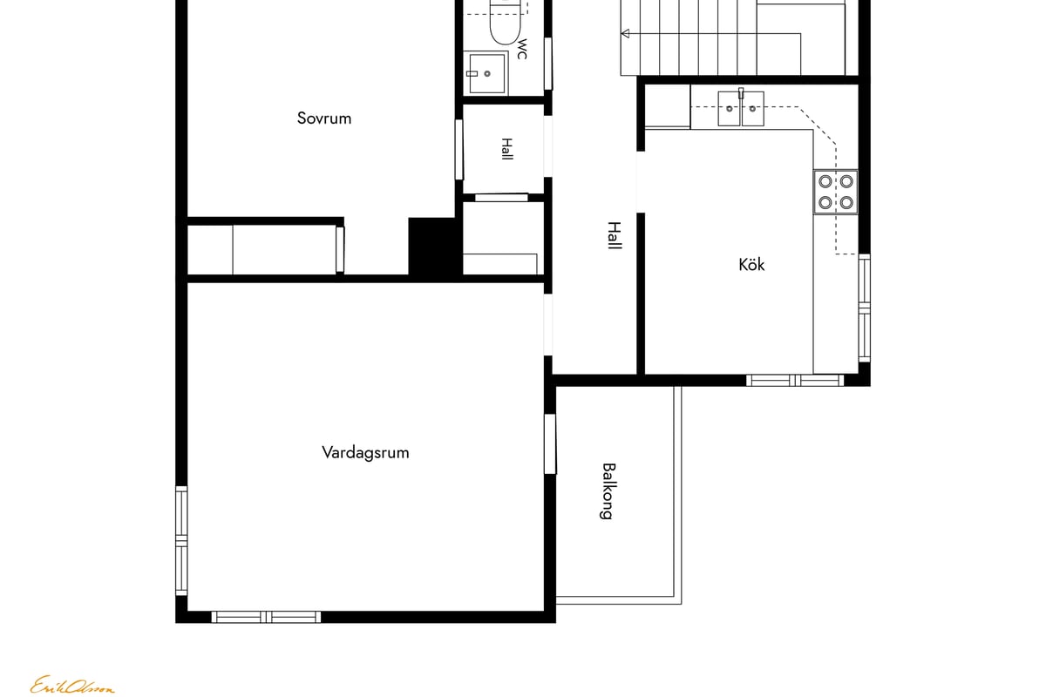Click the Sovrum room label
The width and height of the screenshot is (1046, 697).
(324, 118)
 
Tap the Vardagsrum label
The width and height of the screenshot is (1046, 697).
(365, 452)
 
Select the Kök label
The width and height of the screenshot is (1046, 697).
(751, 265)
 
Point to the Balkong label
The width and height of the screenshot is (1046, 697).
(607, 491)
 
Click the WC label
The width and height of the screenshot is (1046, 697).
(522, 49)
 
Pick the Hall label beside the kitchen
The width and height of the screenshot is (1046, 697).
(614, 236)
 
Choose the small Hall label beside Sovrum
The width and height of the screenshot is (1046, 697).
(506, 149)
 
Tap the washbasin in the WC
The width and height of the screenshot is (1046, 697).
(486, 73)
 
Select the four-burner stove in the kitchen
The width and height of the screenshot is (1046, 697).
(835, 192)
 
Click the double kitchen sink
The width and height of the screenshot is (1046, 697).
(741, 108)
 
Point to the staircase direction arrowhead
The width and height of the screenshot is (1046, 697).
(626, 34)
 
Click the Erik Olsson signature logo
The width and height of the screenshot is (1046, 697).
(72, 685)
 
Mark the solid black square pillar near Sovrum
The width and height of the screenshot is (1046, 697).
(435, 247)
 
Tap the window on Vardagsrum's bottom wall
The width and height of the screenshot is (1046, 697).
(266, 617)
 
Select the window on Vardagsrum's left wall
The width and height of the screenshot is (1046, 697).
(181, 541)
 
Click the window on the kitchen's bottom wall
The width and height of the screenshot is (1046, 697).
(795, 381)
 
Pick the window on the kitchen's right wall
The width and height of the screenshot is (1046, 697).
(865, 308)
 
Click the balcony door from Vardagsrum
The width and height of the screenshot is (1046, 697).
(550, 444)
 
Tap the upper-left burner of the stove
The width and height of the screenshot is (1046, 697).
(825, 181)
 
